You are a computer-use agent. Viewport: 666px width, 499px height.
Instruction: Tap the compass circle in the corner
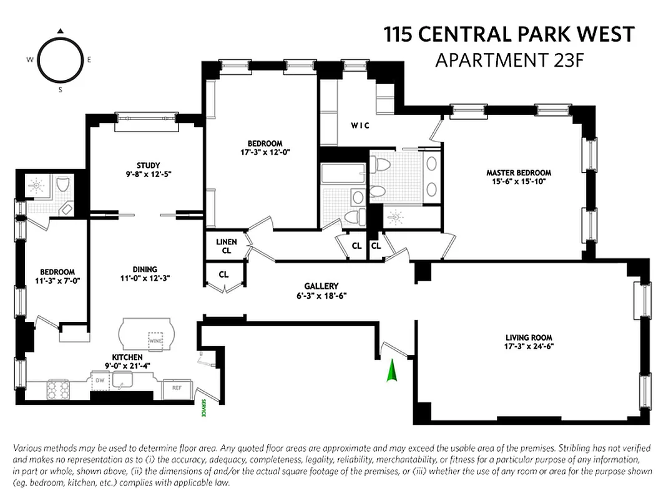[61, 60]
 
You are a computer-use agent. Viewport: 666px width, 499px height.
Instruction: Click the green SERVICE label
[203, 409]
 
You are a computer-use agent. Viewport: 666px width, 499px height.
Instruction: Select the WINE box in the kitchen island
[155, 341]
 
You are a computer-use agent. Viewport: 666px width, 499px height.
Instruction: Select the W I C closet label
[360, 125]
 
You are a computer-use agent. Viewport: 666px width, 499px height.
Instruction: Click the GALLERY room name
[321, 286]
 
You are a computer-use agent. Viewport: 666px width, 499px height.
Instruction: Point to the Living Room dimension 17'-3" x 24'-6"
[530, 347]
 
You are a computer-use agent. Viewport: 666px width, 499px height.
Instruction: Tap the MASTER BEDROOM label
[519, 173]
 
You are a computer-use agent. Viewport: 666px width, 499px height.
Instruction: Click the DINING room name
[144, 269]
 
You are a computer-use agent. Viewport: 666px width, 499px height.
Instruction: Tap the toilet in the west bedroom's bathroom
[62, 185]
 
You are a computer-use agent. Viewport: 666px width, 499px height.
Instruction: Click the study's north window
[145, 117]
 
